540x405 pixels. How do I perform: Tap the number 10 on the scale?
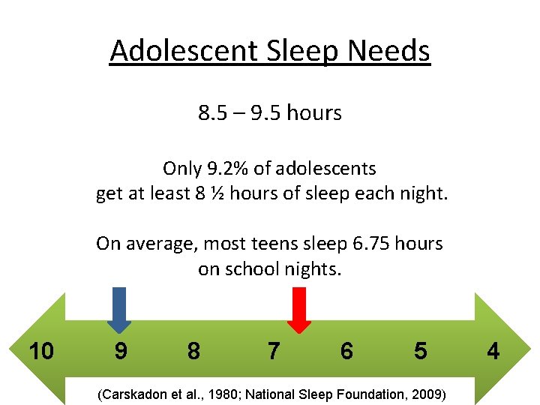pos(40,350)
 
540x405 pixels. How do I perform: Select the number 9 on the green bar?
pos(120,350)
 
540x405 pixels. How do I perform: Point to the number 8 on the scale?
pos(193,350)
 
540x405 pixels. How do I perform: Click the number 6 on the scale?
pos(346,350)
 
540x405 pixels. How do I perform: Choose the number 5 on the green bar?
pos(420,350)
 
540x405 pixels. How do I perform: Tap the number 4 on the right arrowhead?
pos(492,350)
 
